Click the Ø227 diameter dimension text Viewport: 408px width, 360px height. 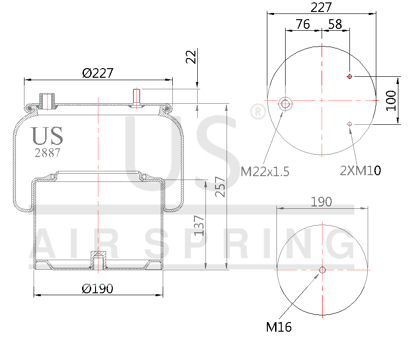point(97,73)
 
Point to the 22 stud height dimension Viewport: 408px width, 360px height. point(192,57)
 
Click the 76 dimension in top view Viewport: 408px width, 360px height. point(302,24)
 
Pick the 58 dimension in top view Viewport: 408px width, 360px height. point(335,24)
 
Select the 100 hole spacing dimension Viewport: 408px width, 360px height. point(391,100)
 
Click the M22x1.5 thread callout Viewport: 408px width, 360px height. point(265,171)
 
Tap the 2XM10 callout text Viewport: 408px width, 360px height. point(360,170)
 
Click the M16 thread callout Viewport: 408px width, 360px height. point(279,327)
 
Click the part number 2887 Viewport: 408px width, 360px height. point(47,153)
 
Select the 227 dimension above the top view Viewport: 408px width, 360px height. point(321,7)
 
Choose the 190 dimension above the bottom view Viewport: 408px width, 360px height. point(321,202)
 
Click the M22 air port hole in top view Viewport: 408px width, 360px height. point(286,103)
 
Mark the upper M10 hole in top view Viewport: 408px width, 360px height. point(350,76)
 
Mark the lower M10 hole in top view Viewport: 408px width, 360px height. point(350,124)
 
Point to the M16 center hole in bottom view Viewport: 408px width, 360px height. point(323,270)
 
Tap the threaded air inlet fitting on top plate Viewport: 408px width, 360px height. point(47,100)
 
